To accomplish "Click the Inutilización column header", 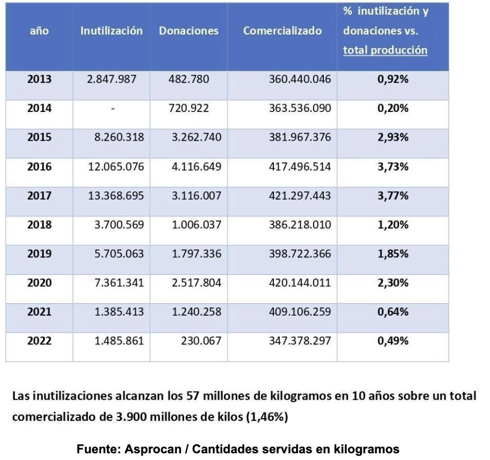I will [x=111, y=31].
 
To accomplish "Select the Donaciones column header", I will [x=188, y=31].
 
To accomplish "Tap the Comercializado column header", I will [x=282, y=31].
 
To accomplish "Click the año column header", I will [x=39, y=31].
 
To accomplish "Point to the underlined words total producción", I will [x=385, y=51].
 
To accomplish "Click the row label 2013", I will [x=39, y=79].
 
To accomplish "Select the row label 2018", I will [x=39, y=225].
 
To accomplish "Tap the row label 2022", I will [x=39, y=341].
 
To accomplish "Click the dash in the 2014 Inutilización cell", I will [x=112, y=109].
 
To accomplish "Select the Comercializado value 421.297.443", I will [x=300, y=196].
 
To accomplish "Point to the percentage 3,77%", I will [x=393, y=196].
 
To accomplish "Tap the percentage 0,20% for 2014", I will [x=393, y=108].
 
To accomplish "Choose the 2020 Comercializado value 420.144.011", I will [x=300, y=283].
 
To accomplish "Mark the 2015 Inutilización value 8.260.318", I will [x=119, y=138].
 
